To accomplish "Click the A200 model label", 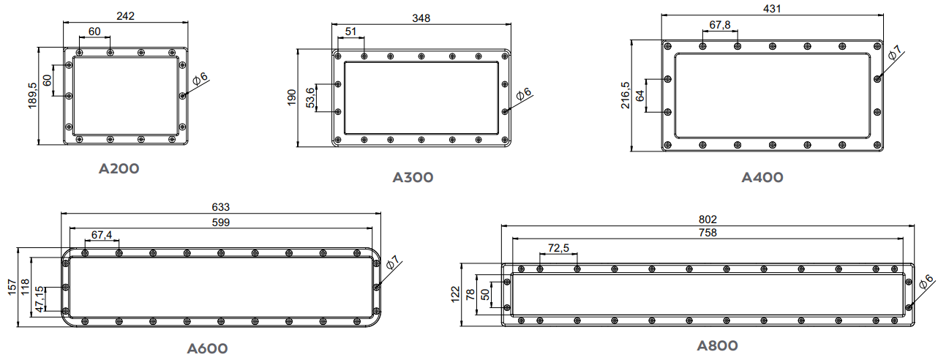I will point(119,168).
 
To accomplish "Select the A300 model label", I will point(413,177).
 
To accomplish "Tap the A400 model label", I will point(762,177).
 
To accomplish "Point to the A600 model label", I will point(207,348).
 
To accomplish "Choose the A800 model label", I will point(717,345).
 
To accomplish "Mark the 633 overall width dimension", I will point(220,207).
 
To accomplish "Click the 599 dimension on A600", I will point(220,222).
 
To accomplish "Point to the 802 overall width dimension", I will point(708,219).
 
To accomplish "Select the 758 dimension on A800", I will point(708,233).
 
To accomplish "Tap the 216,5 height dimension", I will point(625,96).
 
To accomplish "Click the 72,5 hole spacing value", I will point(558,249).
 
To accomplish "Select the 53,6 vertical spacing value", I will point(309,99).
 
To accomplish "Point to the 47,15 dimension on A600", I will point(40,299).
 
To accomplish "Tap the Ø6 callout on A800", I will point(926,282).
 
